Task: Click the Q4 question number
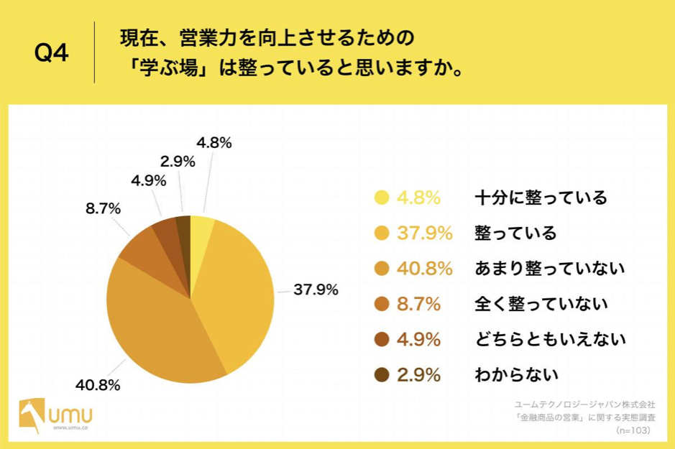[x=51, y=54]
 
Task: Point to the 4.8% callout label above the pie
[x=213, y=143]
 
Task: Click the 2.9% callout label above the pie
[x=178, y=162]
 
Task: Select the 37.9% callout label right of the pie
[x=316, y=290]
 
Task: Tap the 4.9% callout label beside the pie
[x=148, y=180]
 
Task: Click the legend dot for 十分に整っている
[x=382, y=198]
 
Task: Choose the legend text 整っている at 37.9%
[x=515, y=233]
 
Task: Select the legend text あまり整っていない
[x=549, y=268]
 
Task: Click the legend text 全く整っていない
[x=541, y=304]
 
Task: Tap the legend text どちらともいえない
[x=549, y=339]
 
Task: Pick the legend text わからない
[x=515, y=374]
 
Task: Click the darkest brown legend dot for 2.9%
[x=382, y=374]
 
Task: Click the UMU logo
[x=56, y=415]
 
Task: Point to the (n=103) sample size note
[x=633, y=430]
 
